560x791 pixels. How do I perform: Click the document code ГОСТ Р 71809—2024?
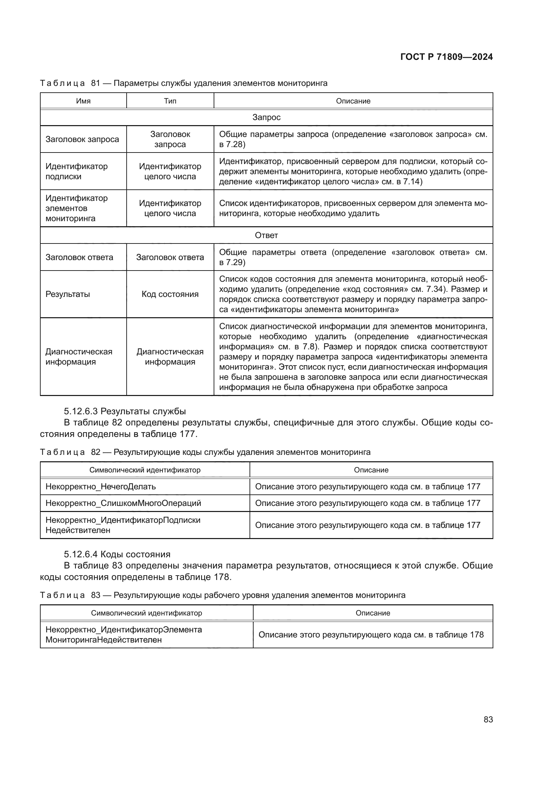pos(447,57)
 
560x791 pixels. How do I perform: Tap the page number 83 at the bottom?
pos(488,719)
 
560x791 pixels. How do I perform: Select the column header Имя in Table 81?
pos(83,101)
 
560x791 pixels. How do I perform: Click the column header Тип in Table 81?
pos(170,101)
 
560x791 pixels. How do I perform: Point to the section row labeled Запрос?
pos(266,117)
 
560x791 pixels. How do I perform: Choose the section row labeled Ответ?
pos(266,235)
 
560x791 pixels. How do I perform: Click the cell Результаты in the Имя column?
pos(68,294)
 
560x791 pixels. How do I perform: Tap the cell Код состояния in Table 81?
pos(170,294)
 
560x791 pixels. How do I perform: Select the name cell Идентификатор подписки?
pos(77,171)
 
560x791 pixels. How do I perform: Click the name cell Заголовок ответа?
pos(79,257)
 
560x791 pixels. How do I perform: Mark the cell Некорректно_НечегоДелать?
pos(101,486)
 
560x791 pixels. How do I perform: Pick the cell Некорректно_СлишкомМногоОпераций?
pos(123,503)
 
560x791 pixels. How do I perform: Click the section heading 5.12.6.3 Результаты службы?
pos(125,411)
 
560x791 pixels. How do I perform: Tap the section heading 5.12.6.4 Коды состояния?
pos(117,554)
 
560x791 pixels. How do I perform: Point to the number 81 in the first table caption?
pos(95,83)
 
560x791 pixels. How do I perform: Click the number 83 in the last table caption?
pos(95,595)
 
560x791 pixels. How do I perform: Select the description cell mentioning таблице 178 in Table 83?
pos(371,634)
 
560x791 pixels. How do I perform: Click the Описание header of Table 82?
pos(371,470)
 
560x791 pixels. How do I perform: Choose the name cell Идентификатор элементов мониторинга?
pos(77,208)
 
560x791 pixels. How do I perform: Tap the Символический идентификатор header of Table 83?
pos(147,613)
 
